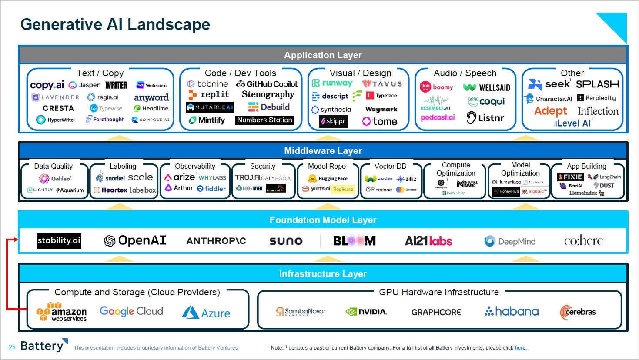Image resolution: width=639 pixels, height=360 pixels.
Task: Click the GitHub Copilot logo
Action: [x=267, y=84]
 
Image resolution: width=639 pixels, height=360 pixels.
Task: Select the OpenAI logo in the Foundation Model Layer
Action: [x=135, y=240]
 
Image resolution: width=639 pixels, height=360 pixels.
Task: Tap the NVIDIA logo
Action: [x=366, y=312]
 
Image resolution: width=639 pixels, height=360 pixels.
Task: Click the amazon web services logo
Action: [x=61, y=312]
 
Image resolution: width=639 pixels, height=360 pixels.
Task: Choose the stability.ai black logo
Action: [x=59, y=240]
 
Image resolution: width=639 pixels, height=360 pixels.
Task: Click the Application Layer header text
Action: [x=323, y=55]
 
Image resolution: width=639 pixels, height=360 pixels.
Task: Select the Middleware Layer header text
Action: [x=323, y=151]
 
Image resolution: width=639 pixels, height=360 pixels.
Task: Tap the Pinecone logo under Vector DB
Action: [x=379, y=190]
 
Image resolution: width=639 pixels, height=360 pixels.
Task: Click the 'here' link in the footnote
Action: [x=520, y=348]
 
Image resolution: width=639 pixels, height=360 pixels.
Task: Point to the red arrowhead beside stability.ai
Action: [x=16, y=240]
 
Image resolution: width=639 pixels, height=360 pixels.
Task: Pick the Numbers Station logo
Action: [x=264, y=120]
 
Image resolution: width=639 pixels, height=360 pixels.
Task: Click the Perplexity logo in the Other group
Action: [x=596, y=98]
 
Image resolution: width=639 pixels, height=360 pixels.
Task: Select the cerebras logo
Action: [x=578, y=312]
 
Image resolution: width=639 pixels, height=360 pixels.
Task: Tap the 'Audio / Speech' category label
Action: [x=465, y=73]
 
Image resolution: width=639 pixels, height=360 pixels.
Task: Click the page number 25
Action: [x=12, y=347]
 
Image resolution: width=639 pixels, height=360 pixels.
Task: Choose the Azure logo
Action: [x=206, y=313]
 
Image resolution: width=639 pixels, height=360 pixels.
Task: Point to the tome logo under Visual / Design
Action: [x=380, y=122]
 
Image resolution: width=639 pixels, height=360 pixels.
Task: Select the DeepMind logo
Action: [x=510, y=241]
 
